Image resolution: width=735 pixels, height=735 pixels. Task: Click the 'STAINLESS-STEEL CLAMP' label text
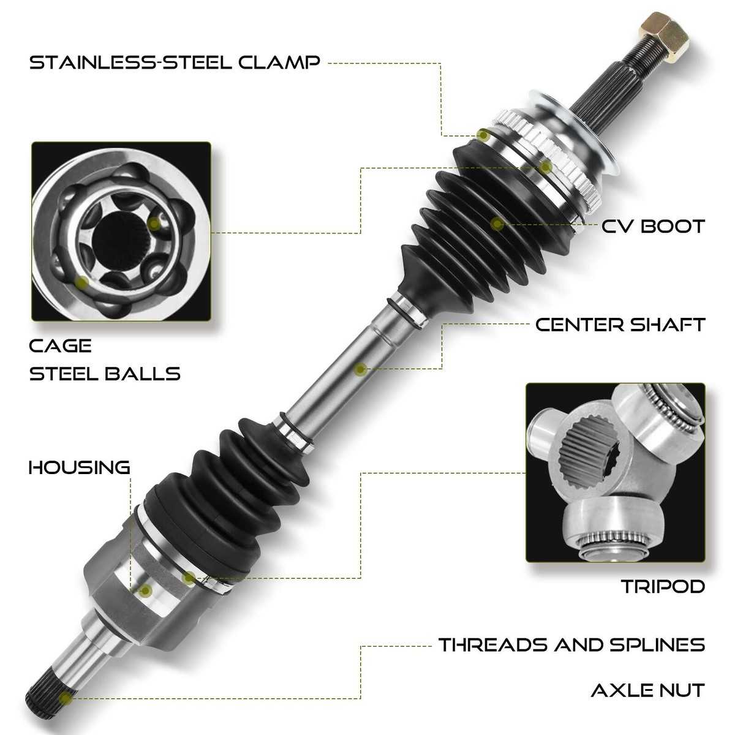point(175,62)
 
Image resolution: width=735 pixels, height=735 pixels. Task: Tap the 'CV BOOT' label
point(653,227)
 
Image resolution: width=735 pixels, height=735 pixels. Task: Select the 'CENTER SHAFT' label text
point(620,324)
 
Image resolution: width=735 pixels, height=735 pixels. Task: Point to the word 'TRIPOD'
point(663,586)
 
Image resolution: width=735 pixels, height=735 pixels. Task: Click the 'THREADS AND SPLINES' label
point(571,644)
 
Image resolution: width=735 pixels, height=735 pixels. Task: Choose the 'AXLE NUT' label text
point(647,691)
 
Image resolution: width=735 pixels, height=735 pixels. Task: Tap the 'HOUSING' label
point(80,467)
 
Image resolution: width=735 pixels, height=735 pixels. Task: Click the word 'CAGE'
point(61,346)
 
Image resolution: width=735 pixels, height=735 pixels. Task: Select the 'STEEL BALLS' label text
point(105,373)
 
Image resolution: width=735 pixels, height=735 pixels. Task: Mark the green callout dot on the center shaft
point(361,369)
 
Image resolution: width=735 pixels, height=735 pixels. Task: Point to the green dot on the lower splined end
point(66,697)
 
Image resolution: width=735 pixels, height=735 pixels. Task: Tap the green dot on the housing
point(146,590)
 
